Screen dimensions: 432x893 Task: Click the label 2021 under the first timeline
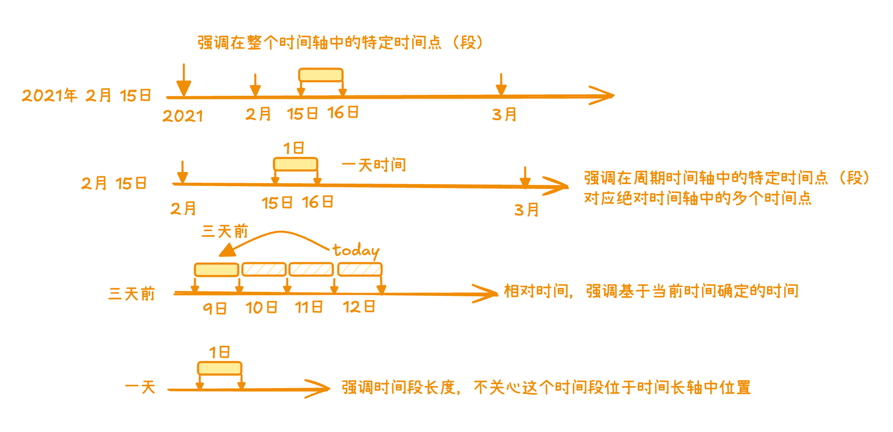pos(182,116)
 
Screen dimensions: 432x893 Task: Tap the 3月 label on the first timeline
pos(505,114)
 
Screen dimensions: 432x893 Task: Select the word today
pos(356,251)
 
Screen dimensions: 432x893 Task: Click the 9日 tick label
pos(215,308)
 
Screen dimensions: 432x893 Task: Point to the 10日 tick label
pos(261,307)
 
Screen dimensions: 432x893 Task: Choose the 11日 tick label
pos(309,307)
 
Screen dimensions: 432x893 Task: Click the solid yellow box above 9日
pos(216,270)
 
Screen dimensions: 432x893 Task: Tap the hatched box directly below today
pos(360,269)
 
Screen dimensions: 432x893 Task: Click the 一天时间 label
pos(374,165)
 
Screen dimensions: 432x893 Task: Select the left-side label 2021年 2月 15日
pos(87,95)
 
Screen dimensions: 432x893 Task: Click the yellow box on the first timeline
pos(321,75)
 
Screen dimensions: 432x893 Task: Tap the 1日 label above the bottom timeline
pos(219,352)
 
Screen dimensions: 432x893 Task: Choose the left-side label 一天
pos(140,387)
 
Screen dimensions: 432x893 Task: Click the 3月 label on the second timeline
pos(526,210)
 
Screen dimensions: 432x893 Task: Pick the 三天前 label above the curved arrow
pos(225,231)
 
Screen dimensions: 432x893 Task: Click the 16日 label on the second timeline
pos(318,202)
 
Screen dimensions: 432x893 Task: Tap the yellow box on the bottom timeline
pos(220,368)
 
